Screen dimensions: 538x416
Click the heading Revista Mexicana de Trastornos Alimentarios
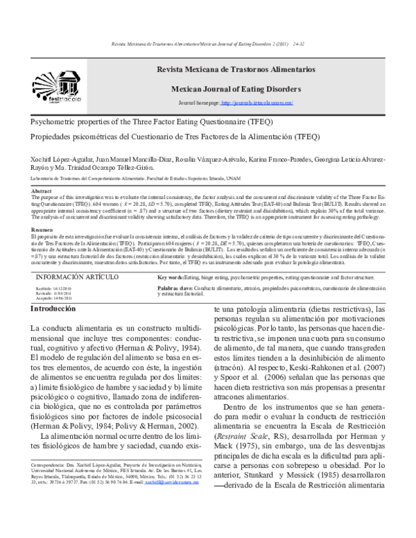pyautogui.click(x=236, y=71)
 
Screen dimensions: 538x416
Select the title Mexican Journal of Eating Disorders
pyautogui.click(x=236, y=89)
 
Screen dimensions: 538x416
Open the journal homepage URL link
pyautogui.click(x=257, y=103)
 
